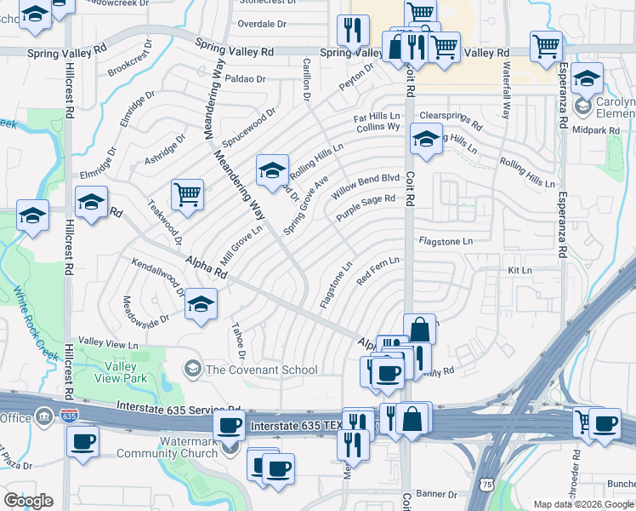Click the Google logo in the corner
(x=28, y=500)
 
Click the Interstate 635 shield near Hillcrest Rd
(x=69, y=416)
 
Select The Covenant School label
(x=262, y=370)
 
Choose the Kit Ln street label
(x=519, y=270)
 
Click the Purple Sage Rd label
(x=366, y=209)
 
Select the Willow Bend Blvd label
(x=365, y=187)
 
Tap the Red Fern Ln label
(x=378, y=271)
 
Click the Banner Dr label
(x=436, y=493)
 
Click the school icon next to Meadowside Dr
(x=201, y=304)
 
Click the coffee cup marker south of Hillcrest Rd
(x=82, y=440)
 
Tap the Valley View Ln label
(x=108, y=344)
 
